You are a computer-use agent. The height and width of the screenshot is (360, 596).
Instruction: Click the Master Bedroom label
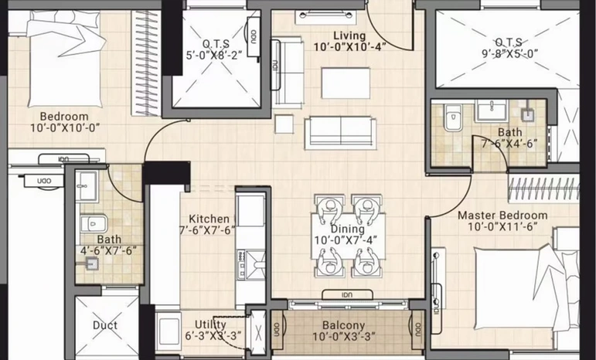pyautogui.click(x=502, y=216)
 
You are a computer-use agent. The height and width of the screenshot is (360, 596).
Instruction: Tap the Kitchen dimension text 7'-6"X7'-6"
pyautogui.click(x=207, y=230)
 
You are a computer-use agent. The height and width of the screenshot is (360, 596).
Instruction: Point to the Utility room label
pyautogui.click(x=210, y=324)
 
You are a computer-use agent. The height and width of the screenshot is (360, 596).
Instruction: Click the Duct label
pyautogui.click(x=105, y=325)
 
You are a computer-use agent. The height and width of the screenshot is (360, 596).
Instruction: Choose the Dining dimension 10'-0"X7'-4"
pyautogui.click(x=346, y=240)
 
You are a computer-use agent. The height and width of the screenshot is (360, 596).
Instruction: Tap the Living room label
pyautogui.click(x=349, y=36)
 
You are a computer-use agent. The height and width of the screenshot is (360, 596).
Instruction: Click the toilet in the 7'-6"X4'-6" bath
pyautogui.click(x=453, y=117)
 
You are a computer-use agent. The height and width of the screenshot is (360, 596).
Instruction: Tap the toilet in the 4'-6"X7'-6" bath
pyautogui.click(x=94, y=223)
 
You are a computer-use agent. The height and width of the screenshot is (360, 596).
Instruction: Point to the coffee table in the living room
pyautogui.click(x=346, y=83)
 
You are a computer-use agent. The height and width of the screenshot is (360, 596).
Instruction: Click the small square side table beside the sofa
pyautogui.click(x=284, y=124)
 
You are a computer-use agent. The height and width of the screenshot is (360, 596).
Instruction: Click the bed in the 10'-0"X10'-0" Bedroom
pyautogui.click(x=66, y=58)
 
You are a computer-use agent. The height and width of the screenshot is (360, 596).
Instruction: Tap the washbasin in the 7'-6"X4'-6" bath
pyautogui.click(x=492, y=110)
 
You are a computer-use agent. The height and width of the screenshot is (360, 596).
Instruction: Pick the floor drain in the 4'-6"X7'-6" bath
pyautogui.click(x=92, y=263)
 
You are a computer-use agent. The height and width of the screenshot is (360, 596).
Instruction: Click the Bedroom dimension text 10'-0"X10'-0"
pyautogui.click(x=65, y=127)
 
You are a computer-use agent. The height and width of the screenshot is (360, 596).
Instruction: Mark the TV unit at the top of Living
pyautogui.click(x=325, y=17)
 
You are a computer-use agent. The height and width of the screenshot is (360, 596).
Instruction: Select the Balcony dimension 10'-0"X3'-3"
pyautogui.click(x=344, y=337)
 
